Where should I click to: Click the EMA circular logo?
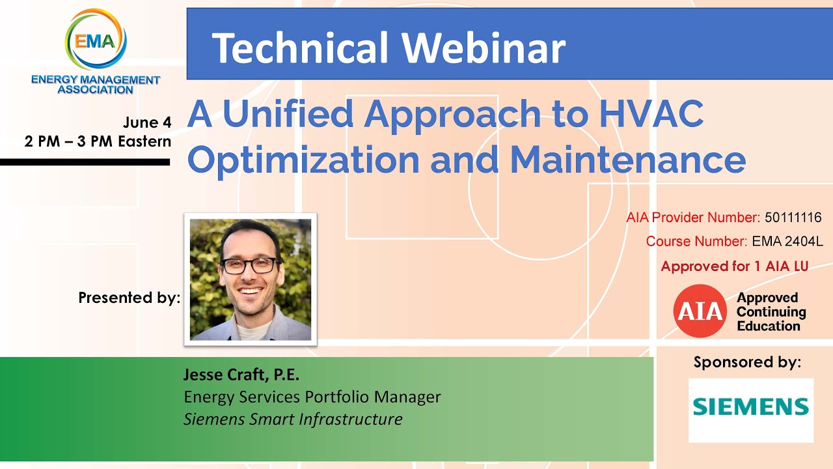pos(96,40)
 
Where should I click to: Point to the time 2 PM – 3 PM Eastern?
pos(98,141)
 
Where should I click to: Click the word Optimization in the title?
pos(303,160)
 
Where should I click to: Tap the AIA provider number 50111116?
pos(793,218)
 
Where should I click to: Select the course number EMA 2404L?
pos(787,242)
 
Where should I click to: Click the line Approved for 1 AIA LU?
pos(734,266)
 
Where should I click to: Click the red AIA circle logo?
pos(700,311)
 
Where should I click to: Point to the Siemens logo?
pos(750,408)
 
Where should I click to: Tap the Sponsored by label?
pos(747,362)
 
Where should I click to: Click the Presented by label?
pos(129,298)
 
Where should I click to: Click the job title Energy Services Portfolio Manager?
pos(312,397)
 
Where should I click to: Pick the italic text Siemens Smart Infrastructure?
pos(293,419)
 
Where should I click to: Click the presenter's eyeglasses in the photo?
pos(249,266)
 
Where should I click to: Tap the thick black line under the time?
pos(85,162)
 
